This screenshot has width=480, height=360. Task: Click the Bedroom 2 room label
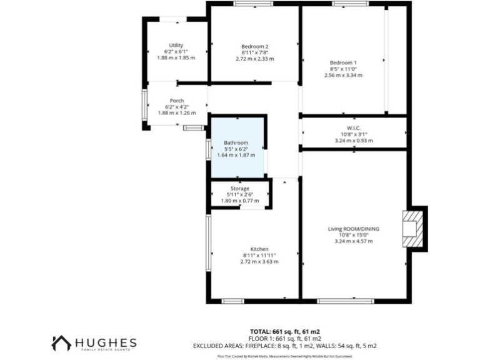[254, 46]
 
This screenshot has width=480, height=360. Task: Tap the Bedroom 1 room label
[343, 62]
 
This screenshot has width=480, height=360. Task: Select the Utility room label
[176, 45]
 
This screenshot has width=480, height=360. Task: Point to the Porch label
[176, 101]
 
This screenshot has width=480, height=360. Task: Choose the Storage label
[241, 188]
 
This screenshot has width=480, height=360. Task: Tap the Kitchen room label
[259, 249]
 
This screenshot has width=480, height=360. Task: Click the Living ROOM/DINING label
[354, 229]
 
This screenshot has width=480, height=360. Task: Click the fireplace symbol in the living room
[411, 229]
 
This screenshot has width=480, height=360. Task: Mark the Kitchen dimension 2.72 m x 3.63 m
[259, 261]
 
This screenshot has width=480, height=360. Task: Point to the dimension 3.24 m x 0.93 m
[354, 141]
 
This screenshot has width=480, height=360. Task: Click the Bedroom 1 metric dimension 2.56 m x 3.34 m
[343, 75]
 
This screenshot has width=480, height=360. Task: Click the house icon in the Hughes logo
[61, 343]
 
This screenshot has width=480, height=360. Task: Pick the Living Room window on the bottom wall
[345, 301]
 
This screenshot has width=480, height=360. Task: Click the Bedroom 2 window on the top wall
[252, 4]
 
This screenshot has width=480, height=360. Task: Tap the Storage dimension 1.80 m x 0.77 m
[241, 201]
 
